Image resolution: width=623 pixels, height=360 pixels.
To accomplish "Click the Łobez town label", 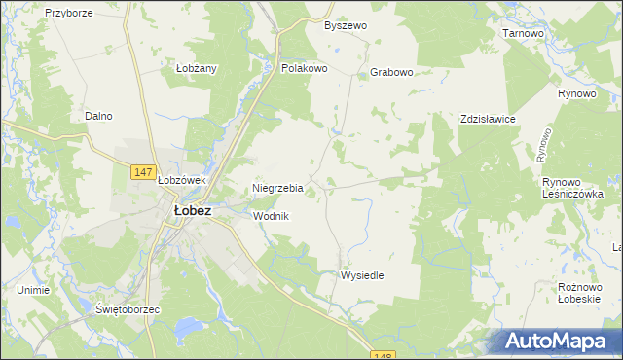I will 192,210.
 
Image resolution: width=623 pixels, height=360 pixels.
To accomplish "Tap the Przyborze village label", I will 68,14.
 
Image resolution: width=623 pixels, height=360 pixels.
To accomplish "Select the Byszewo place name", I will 346,25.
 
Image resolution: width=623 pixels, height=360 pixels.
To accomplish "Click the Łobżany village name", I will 196,68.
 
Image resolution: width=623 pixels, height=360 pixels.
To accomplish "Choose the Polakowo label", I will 304,69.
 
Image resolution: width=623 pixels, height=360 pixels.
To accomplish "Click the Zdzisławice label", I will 488,119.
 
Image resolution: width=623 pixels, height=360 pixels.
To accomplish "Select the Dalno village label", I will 98,116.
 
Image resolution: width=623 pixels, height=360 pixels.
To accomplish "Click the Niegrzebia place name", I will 278,188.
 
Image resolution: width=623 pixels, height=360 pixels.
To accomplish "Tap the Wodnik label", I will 272,216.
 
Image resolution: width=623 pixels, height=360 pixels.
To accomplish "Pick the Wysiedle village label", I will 362,275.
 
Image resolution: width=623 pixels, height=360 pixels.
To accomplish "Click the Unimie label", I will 33,290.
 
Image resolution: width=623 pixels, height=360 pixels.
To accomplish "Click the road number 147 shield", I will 143,172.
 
